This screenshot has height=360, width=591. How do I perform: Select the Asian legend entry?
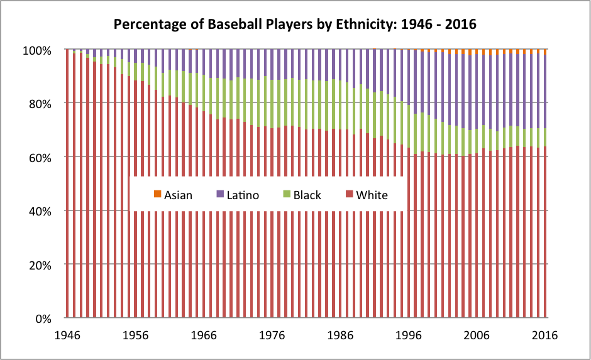click(x=178, y=195)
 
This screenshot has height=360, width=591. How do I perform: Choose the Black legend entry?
click(x=307, y=195)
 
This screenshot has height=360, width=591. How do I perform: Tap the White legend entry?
click(x=372, y=195)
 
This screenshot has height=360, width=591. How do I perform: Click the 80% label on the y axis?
click(x=48, y=103)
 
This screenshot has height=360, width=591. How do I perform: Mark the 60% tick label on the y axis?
click(x=48, y=157)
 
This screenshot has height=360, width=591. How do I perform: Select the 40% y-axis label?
click(x=48, y=210)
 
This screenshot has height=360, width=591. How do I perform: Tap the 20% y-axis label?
click(x=48, y=265)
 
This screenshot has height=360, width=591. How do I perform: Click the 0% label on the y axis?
click(x=51, y=319)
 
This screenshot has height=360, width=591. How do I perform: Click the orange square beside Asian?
click(x=158, y=195)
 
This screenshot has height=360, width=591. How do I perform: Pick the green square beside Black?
click(x=286, y=195)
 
